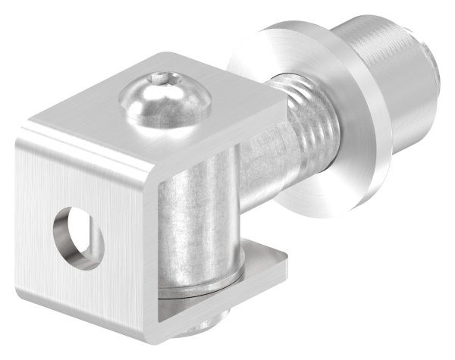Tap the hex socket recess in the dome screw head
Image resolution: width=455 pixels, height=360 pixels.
pos(158,78)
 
